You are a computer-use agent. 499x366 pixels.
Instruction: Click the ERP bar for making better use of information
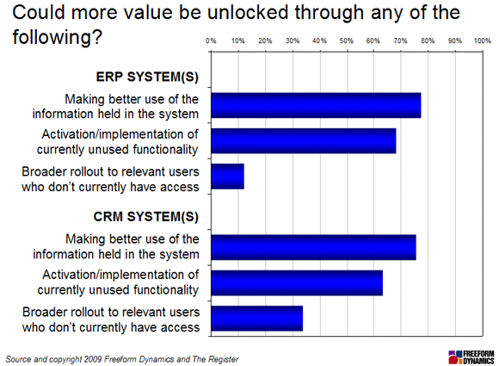click(x=316, y=105)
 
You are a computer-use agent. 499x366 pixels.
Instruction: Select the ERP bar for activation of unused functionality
click(x=304, y=140)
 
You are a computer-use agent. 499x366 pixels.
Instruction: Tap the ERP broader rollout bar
click(x=227, y=177)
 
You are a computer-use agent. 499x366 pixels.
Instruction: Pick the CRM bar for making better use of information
click(x=313, y=247)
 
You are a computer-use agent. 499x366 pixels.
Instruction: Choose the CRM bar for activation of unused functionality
click(x=297, y=282)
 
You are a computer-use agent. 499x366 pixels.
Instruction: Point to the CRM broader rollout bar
click(x=257, y=319)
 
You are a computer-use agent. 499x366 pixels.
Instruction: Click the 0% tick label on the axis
click(x=211, y=40)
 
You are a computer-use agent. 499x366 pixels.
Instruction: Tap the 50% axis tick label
click(x=346, y=40)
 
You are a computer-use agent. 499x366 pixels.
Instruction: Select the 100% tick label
click(x=482, y=40)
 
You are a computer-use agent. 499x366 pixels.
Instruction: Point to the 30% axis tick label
click(x=293, y=40)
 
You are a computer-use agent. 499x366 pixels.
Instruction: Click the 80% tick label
click(x=428, y=40)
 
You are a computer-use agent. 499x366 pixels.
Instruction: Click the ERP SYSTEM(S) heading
click(x=147, y=77)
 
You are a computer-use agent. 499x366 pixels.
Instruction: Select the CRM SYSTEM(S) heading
click(x=146, y=217)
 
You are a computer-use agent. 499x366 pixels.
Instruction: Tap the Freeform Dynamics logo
click(x=471, y=357)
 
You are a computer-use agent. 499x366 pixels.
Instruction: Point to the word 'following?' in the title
click(x=58, y=37)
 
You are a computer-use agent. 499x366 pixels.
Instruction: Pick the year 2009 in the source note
click(x=93, y=359)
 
